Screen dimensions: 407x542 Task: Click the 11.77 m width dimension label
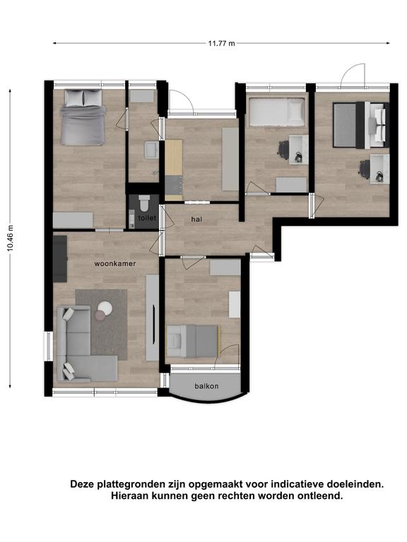pos(221,43)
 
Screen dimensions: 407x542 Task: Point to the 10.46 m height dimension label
pos(10,238)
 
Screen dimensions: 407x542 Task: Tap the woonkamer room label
pos(115,263)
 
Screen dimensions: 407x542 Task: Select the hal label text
pos(196,219)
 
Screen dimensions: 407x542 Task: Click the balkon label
pos(206,386)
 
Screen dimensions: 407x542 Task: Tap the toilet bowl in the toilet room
pos(143,203)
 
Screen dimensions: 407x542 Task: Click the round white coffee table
pos(105,307)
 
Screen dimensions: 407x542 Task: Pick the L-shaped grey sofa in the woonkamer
pos(86,343)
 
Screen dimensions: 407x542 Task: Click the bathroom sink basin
pos(152,150)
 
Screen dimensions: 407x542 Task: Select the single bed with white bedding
pos(276,112)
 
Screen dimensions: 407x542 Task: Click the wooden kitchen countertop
pos(173,157)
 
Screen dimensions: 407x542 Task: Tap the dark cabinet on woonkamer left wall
pos(60,258)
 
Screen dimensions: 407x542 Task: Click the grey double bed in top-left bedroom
pos(83,117)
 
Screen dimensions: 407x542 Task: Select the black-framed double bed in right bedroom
pos(361,125)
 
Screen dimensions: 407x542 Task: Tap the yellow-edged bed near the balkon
pos(194,341)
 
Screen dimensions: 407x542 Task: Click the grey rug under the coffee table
pos(102,324)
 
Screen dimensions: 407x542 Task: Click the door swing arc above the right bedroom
pos(353,75)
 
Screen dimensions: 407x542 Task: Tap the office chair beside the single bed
pos(284,150)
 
